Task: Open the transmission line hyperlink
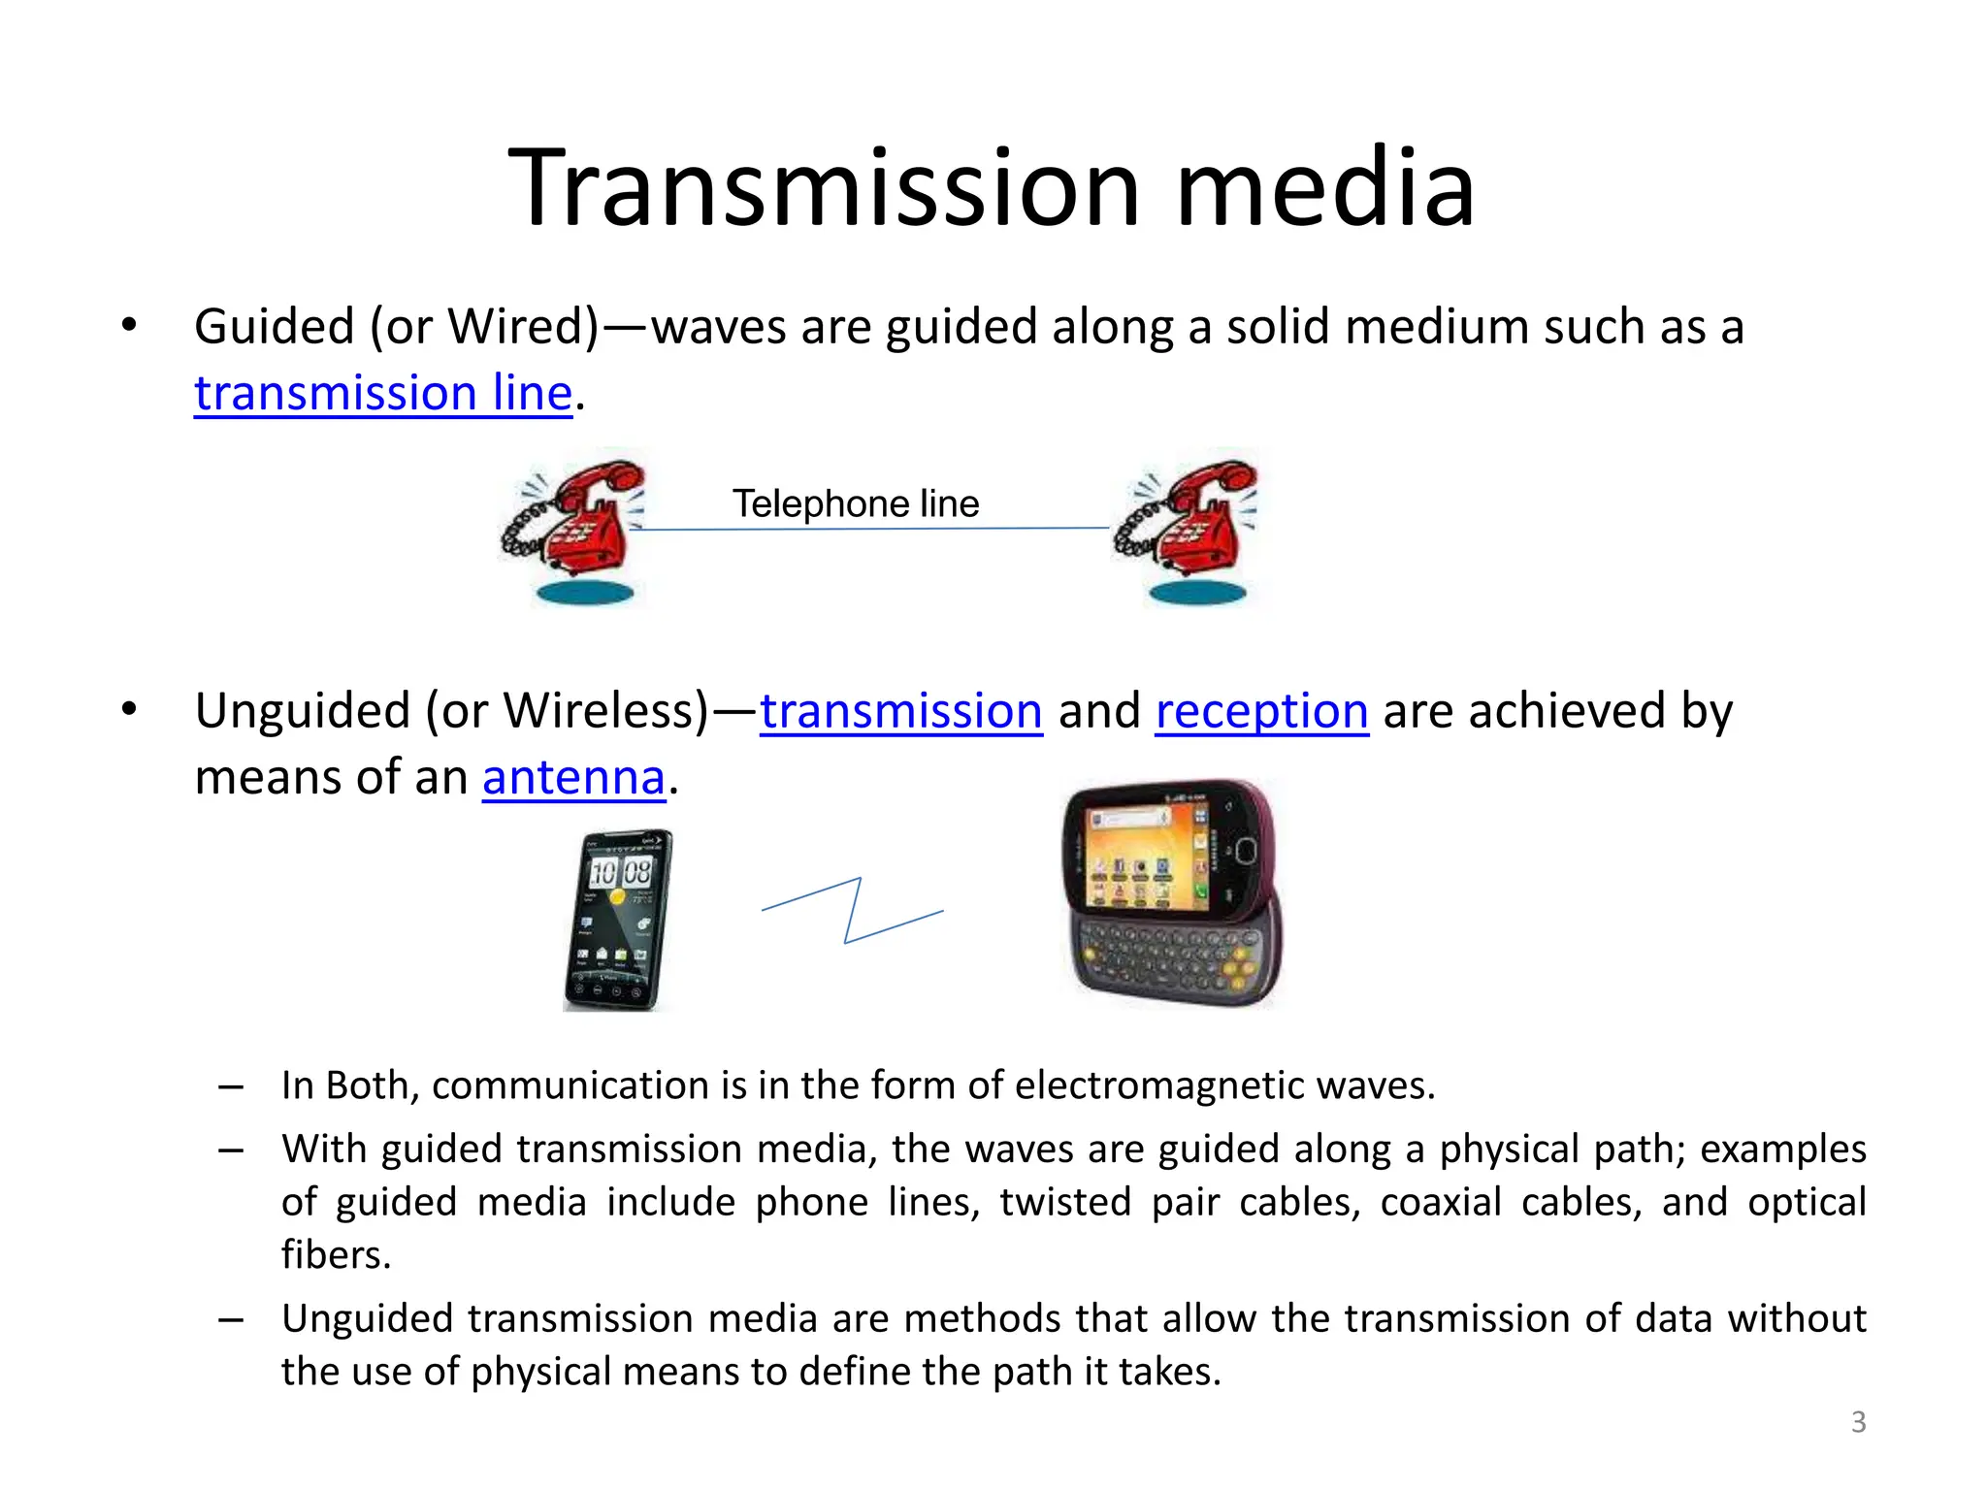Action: point(383,393)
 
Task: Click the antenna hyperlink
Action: point(573,778)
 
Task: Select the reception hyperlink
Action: point(1261,711)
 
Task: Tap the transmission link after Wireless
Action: point(900,711)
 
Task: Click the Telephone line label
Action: point(855,503)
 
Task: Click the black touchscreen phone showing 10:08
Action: point(619,920)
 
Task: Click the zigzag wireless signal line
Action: point(852,911)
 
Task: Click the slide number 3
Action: point(1858,1422)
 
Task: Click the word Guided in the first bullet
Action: point(274,327)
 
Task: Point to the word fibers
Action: point(336,1255)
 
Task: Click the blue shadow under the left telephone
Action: point(585,593)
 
